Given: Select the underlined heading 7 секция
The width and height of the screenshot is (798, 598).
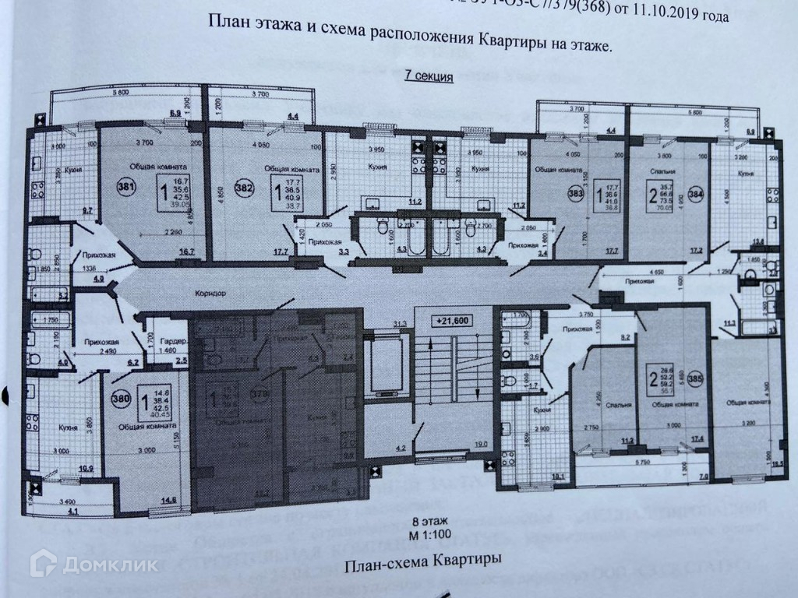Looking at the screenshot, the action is coord(427,76).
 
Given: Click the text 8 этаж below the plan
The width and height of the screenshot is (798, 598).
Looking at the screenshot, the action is coord(429,522).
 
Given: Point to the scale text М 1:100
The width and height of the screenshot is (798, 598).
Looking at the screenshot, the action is coord(429,535).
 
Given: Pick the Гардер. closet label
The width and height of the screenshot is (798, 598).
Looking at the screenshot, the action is coord(174,343).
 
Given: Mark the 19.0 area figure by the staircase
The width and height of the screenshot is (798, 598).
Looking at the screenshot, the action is coord(482,445).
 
